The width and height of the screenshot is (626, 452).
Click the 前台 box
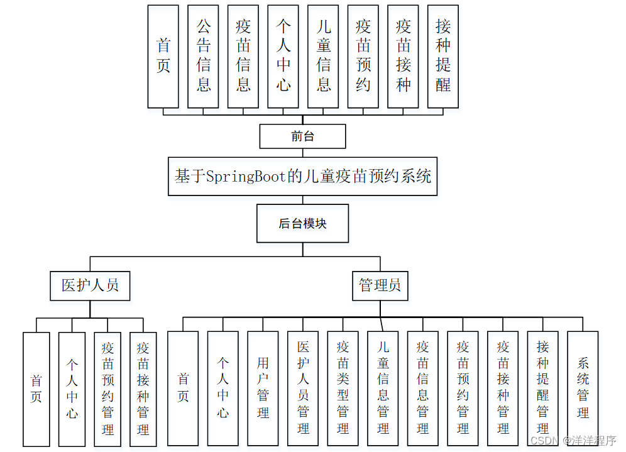pyautogui.click(x=302, y=136)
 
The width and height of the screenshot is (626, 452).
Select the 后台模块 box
pyautogui.click(x=302, y=223)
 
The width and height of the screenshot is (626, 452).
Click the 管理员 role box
pyautogui.click(x=380, y=285)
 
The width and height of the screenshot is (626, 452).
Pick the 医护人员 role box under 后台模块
pyautogui.click(x=90, y=285)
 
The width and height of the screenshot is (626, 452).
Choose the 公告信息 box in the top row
pyautogui.click(x=203, y=56)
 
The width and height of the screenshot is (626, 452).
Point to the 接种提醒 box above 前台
pyautogui.click(x=443, y=56)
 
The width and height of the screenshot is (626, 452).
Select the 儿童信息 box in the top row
pyautogui.click(x=323, y=56)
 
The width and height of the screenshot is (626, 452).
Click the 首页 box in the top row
pyautogui.click(x=163, y=56)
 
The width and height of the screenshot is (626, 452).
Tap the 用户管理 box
pyautogui.click(x=263, y=388)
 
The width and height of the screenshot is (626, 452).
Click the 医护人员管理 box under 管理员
pyautogui.click(x=303, y=388)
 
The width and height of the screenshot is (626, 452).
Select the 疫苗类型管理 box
pyautogui.click(x=343, y=388)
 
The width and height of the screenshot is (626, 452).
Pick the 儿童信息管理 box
pyautogui.click(x=383, y=388)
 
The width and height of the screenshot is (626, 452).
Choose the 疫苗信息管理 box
pyautogui.click(x=422, y=388)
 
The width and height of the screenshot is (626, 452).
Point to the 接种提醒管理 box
pyautogui.click(x=542, y=388)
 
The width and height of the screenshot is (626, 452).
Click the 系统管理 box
pyautogui.click(x=583, y=388)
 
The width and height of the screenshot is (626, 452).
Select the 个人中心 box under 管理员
pyautogui.click(x=222, y=388)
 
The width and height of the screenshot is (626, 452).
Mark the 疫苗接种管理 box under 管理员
pyautogui.click(x=503, y=388)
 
